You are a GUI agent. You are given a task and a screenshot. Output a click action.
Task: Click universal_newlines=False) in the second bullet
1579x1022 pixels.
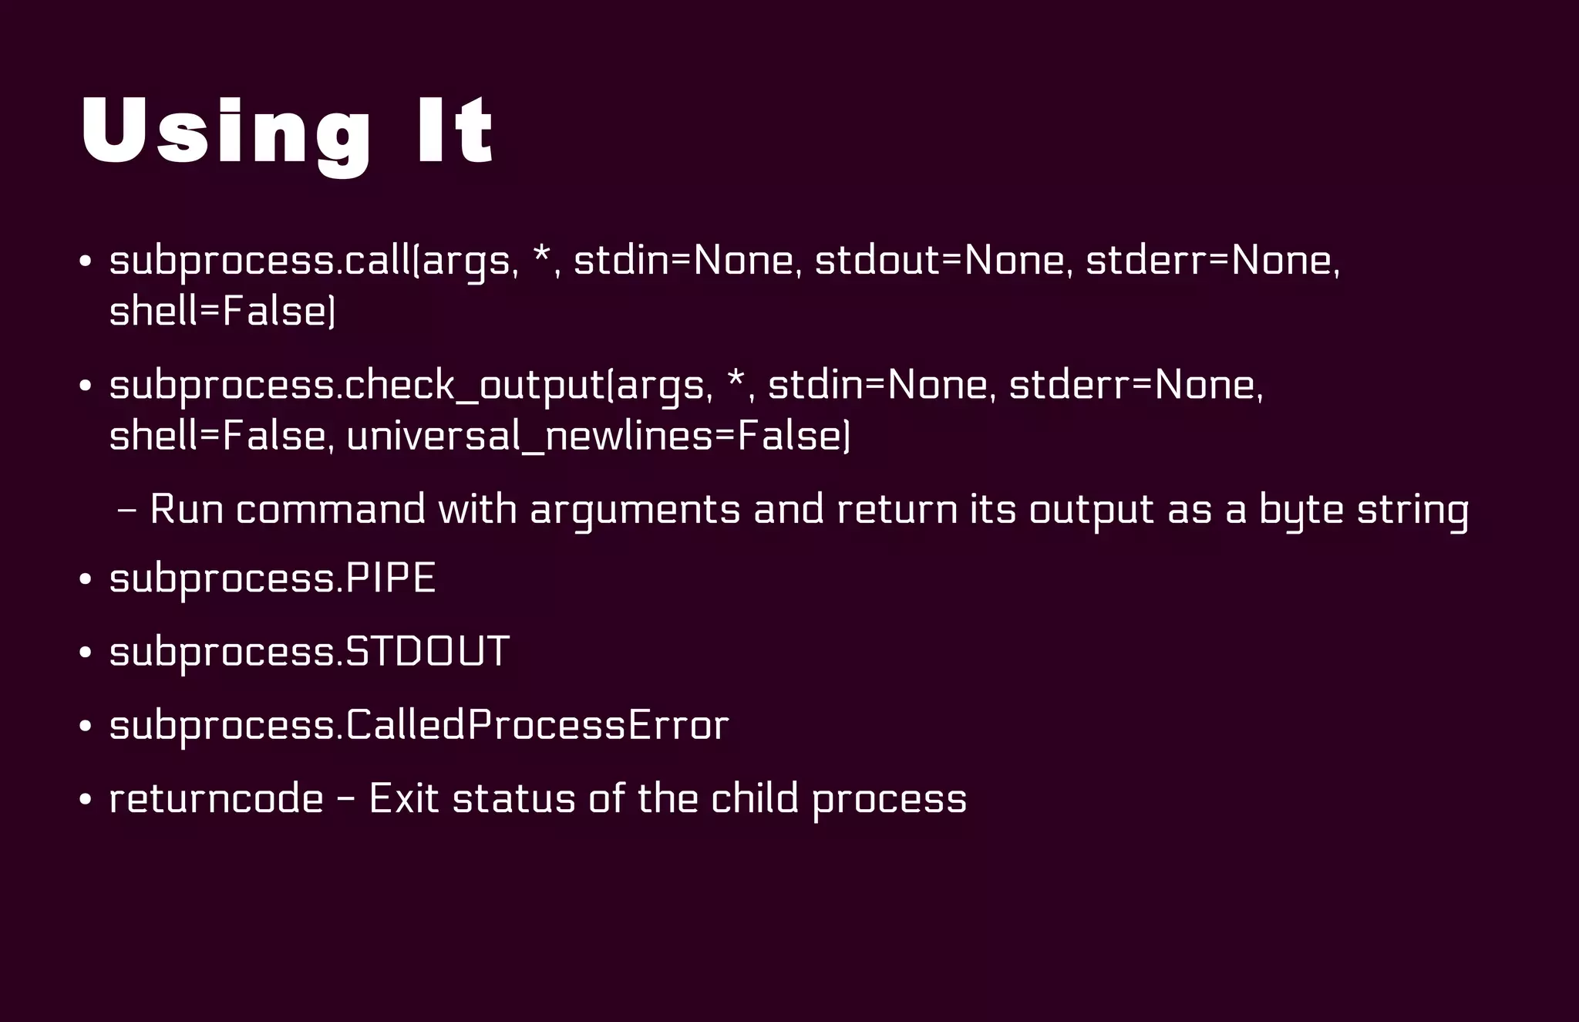coord(598,437)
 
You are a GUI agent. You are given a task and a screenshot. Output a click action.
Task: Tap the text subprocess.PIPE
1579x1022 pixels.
coord(273,578)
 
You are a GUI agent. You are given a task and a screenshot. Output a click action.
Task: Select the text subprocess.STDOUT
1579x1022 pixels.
coord(309,652)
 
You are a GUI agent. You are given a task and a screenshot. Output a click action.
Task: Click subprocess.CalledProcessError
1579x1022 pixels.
coord(419,726)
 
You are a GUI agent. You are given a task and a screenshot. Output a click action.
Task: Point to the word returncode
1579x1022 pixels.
coord(216,799)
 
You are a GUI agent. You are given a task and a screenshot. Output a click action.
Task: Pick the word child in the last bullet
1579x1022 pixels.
coord(755,799)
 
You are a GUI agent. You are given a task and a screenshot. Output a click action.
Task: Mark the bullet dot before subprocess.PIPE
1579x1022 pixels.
coord(86,580)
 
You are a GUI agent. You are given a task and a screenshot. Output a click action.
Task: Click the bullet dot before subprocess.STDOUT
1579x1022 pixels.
coord(86,653)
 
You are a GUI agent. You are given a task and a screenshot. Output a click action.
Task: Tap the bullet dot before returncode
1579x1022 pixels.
coord(86,801)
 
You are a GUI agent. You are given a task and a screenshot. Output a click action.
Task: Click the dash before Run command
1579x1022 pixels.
coord(127,511)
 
